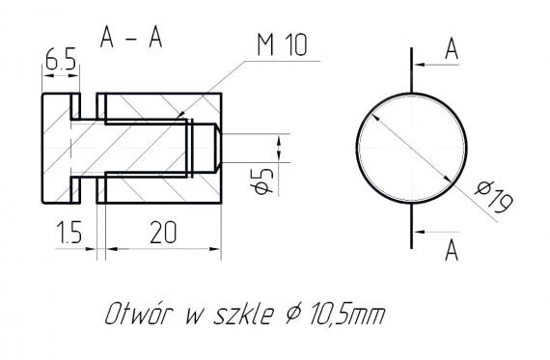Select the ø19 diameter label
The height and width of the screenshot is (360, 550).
click(x=493, y=200)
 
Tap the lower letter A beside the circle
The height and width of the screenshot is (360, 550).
click(x=451, y=251)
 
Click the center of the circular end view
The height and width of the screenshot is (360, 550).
click(x=411, y=148)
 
